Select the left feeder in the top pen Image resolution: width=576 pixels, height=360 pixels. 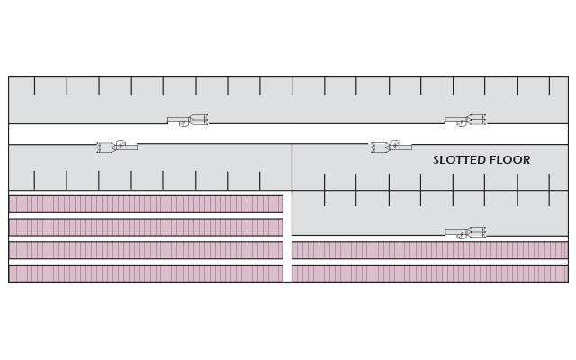[x=188, y=121]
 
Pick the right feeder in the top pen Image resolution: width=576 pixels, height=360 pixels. [x=465, y=121]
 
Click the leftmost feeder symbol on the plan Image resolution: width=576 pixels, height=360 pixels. [x=117, y=147]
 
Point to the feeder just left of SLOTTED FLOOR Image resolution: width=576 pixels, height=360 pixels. [x=391, y=147]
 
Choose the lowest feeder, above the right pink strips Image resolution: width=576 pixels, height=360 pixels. [x=465, y=233]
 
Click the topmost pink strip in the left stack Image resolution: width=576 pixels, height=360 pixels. [x=146, y=204]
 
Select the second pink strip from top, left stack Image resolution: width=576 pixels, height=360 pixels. [x=146, y=228]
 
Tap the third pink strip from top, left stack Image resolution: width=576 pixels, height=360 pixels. [x=146, y=250]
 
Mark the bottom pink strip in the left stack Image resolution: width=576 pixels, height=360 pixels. [x=146, y=274]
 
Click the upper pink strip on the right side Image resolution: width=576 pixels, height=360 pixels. [x=430, y=250]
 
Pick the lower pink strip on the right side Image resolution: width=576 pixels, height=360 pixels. [x=430, y=274]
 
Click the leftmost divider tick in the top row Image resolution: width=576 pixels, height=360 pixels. [x=34, y=86]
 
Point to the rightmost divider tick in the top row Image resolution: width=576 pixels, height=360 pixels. [x=550, y=86]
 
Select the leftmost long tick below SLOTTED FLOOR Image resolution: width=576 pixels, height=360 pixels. [x=324, y=190]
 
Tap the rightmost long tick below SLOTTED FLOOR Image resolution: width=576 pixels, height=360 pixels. [x=549, y=190]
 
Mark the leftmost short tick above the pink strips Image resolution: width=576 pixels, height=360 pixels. [x=34, y=181]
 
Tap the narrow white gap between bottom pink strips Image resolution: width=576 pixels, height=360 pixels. [x=288, y=262]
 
